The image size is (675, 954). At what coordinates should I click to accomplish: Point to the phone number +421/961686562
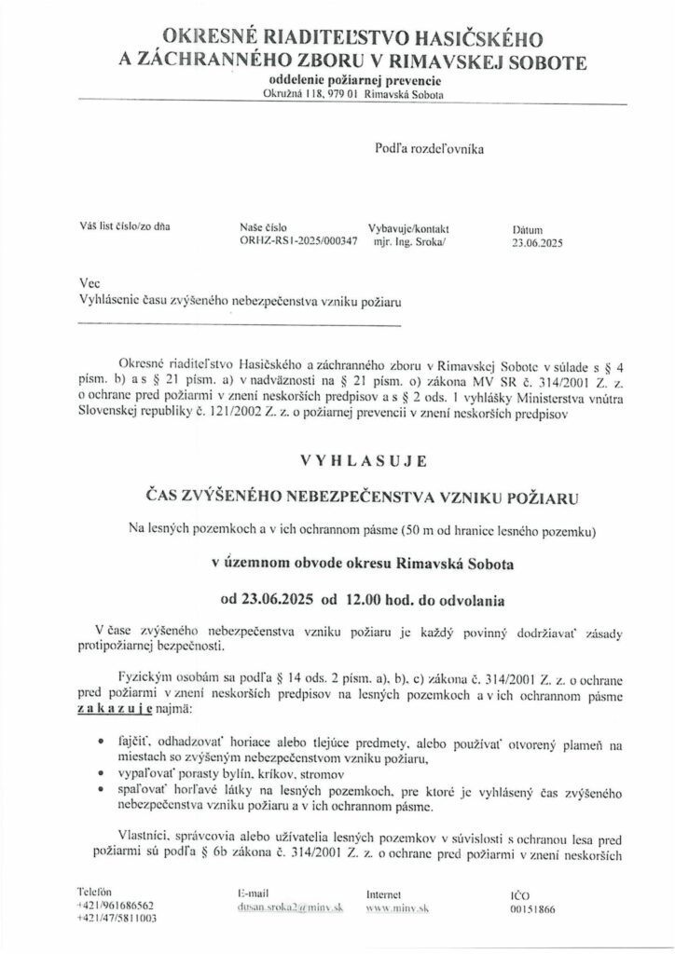117,906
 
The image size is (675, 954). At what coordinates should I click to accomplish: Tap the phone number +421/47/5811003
117,919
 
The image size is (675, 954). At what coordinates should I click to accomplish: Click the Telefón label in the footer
96,892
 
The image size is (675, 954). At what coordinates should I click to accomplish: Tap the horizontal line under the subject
241,325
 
